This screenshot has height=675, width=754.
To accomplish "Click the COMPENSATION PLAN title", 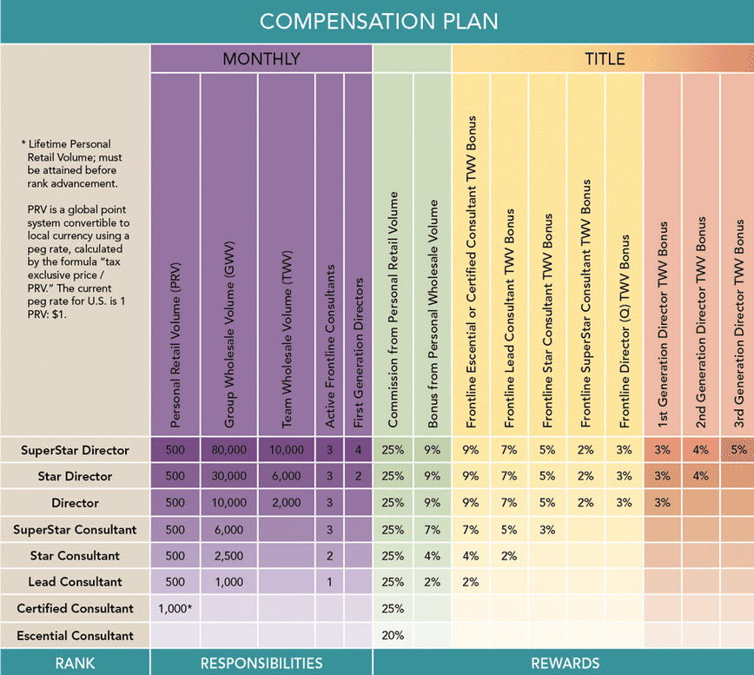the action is click(379, 22).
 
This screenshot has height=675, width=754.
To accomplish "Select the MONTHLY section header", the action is click(261, 59).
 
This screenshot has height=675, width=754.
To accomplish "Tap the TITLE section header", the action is click(605, 59).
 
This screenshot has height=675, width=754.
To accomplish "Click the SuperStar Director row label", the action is click(75, 451).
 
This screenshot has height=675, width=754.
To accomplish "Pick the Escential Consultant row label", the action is click(75, 636).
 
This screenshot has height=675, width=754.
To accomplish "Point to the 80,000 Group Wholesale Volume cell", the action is click(229, 450).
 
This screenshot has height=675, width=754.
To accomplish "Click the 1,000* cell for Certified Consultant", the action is click(175, 609).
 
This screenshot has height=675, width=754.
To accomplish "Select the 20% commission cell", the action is click(393, 636).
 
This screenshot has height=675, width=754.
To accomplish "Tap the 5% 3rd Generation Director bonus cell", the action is click(738, 450).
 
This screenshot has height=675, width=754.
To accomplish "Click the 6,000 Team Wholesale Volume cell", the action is click(286, 476).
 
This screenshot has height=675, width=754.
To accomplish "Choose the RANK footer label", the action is click(75, 664).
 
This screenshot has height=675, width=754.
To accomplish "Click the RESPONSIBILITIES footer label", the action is click(261, 664).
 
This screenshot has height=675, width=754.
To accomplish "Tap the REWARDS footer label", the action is click(565, 664).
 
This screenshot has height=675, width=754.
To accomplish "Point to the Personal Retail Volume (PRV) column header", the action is click(175, 345).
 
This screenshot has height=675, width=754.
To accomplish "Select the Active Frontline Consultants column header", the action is click(330, 346).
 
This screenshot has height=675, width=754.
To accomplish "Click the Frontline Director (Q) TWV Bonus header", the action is click(625, 331).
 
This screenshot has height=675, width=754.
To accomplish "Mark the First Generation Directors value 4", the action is click(358, 450).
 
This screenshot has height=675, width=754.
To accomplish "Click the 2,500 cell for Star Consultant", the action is click(229, 556).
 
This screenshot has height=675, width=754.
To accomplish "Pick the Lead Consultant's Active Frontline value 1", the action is click(329, 582).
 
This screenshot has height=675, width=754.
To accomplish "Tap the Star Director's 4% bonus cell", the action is click(701, 476).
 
